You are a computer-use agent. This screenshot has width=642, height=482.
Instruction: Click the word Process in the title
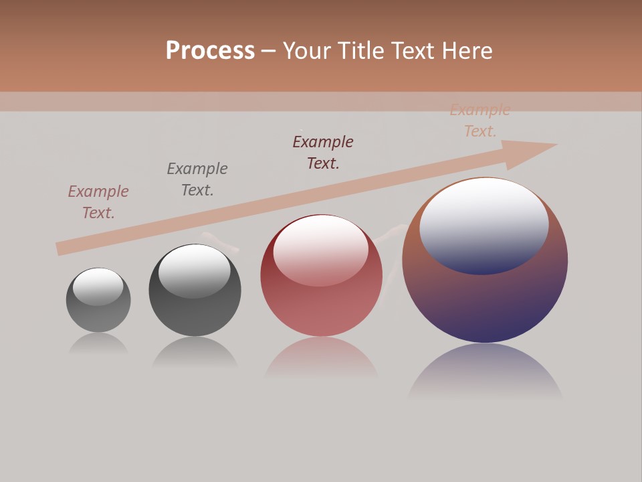pyautogui.click(x=210, y=50)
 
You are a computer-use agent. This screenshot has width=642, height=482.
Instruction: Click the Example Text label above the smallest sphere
pyautogui.click(x=98, y=202)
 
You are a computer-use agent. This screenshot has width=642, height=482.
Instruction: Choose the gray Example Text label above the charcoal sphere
pyautogui.click(x=197, y=179)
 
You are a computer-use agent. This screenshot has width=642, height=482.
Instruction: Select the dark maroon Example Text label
pyautogui.click(x=323, y=152)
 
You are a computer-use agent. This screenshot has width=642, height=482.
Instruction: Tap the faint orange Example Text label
pyautogui.click(x=480, y=120)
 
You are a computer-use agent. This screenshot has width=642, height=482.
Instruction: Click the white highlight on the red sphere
pyautogui.click(x=320, y=249)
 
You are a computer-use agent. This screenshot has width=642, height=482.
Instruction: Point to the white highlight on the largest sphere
pyautogui.click(x=484, y=224)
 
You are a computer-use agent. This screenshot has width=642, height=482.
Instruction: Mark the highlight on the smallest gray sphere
pyautogui.click(x=98, y=286)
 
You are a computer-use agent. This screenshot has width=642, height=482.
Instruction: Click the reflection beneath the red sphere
pyautogui.click(x=321, y=358)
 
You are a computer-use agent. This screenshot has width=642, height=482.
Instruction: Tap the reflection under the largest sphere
pyautogui.click(x=485, y=372)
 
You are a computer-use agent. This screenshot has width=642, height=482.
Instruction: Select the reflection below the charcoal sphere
pyautogui.click(x=195, y=353)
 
